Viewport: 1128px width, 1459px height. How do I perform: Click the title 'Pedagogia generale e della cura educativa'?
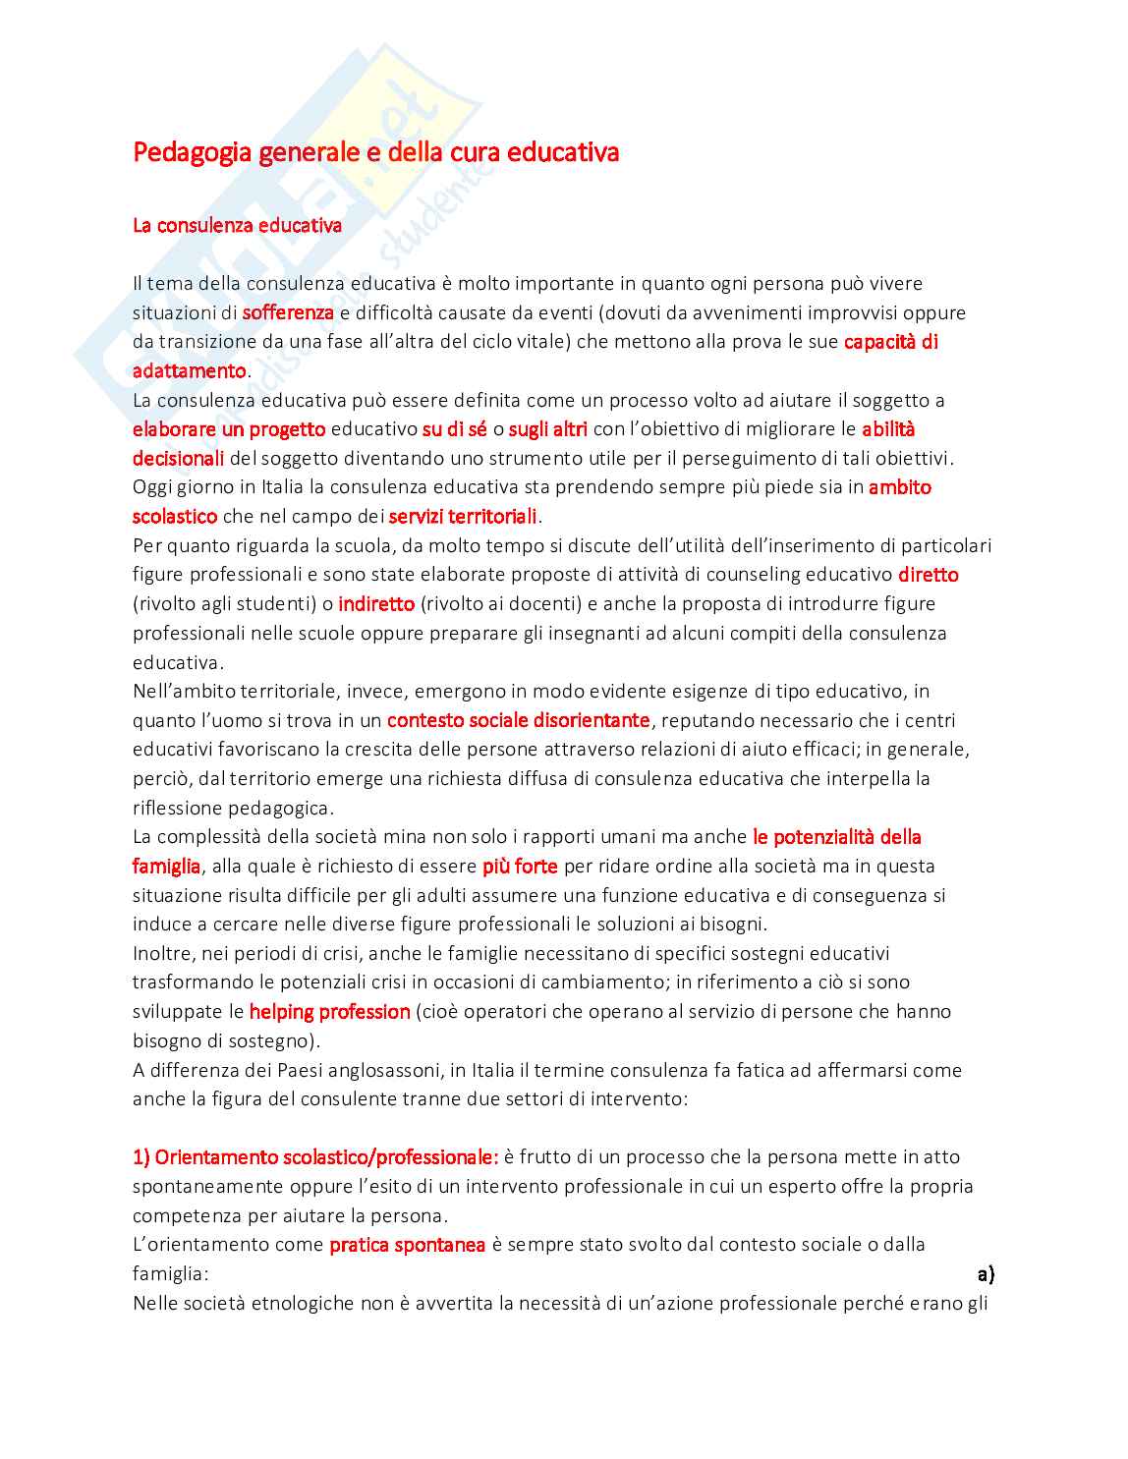point(375,152)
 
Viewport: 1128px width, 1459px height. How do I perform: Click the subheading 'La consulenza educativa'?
point(237,225)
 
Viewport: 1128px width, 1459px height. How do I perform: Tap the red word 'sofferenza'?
point(288,312)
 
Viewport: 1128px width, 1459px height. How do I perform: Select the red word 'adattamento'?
point(189,370)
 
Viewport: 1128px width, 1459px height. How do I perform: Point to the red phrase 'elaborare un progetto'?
point(228,429)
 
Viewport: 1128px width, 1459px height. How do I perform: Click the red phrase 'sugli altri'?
point(548,429)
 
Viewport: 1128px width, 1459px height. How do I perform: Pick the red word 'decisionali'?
point(178,458)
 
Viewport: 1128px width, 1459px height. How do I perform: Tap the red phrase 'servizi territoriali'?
point(463,516)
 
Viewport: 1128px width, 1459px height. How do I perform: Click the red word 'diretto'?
point(928,575)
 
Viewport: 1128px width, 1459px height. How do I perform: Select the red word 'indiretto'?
point(376,603)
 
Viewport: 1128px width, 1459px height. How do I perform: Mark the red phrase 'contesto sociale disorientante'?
point(518,720)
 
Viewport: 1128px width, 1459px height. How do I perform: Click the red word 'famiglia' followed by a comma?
point(166,866)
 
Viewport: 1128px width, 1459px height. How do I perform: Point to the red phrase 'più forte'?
point(520,866)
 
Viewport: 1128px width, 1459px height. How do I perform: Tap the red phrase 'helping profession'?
point(329,1011)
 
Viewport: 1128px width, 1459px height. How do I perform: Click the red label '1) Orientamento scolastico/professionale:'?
point(315,1156)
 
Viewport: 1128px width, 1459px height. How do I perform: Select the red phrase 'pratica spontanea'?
point(407,1244)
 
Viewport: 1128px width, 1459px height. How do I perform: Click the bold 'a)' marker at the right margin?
point(986,1274)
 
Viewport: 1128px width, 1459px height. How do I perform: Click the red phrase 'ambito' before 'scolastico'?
point(899,487)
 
